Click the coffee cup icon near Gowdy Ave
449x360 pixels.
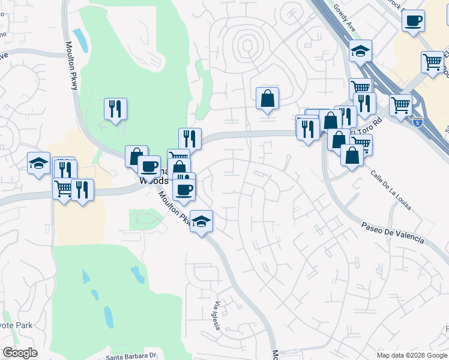[x=413, y=22]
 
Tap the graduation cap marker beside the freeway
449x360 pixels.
[x=361, y=52]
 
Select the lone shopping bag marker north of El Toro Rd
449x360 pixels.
[x=267, y=98]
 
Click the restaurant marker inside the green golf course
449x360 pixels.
[x=115, y=109]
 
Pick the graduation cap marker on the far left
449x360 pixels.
[x=38, y=163]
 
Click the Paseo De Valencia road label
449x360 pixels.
[x=393, y=232]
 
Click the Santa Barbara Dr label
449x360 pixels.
[x=131, y=355]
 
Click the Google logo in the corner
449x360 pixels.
[x=20, y=353]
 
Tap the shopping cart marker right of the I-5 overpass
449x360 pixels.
[x=400, y=104]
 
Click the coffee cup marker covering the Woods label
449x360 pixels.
[x=149, y=166]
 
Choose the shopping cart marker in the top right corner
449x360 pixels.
[x=432, y=61]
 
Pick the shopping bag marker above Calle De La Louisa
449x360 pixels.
[x=351, y=154]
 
